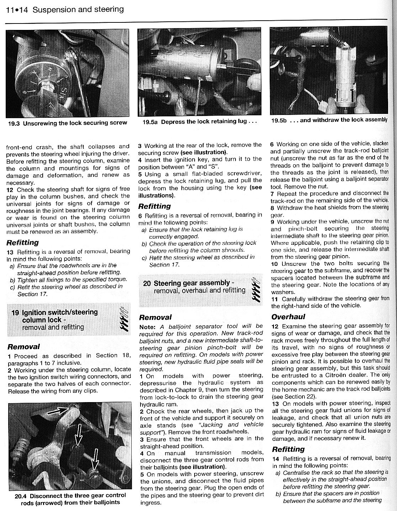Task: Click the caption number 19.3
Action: point(15,123)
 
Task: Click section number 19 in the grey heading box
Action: point(15,313)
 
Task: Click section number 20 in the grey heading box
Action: point(147,284)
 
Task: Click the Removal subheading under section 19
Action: point(23,346)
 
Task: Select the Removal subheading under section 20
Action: point(155,317)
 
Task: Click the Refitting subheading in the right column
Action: point(289,449)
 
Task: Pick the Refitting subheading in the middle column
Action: point(154,206)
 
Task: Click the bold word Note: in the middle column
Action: point(148,326)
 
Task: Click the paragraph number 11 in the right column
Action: point(274,299)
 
